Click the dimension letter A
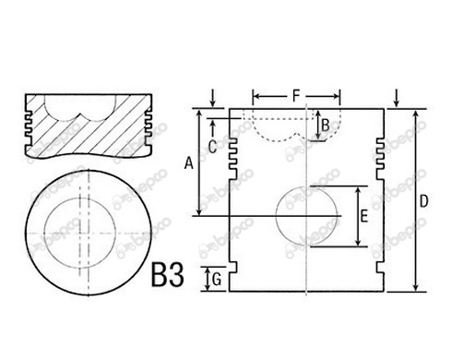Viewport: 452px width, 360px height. coord(189,162)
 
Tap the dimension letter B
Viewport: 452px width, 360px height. coord(326,126)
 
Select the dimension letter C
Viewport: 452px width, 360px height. coord(212,147)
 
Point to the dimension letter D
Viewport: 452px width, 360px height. coord(423,201)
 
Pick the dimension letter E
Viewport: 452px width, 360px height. coord(364,216)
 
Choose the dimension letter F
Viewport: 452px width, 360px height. coord(295,96)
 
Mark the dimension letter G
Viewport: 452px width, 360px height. coord(217,280)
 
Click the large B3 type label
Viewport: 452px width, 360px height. coord(168,275)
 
